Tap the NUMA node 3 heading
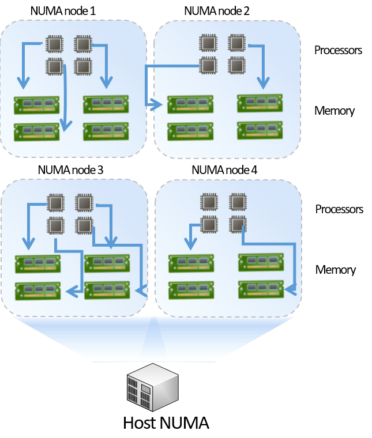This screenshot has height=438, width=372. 70,171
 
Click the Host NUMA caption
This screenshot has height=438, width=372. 166,422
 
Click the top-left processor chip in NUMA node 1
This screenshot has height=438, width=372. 55,43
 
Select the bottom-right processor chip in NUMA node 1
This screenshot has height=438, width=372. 83,67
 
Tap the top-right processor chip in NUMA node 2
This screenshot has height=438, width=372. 237,43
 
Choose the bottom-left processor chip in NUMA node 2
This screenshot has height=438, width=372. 208,65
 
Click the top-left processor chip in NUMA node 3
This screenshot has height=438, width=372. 55,202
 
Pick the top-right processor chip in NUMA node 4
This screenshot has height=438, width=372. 238,202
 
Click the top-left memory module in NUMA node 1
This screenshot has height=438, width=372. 37,105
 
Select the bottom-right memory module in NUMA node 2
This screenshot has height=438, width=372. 260,130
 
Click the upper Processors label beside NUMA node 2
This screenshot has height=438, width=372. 338,50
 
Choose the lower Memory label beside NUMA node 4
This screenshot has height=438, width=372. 335,270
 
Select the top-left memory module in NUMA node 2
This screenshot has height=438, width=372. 190,104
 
